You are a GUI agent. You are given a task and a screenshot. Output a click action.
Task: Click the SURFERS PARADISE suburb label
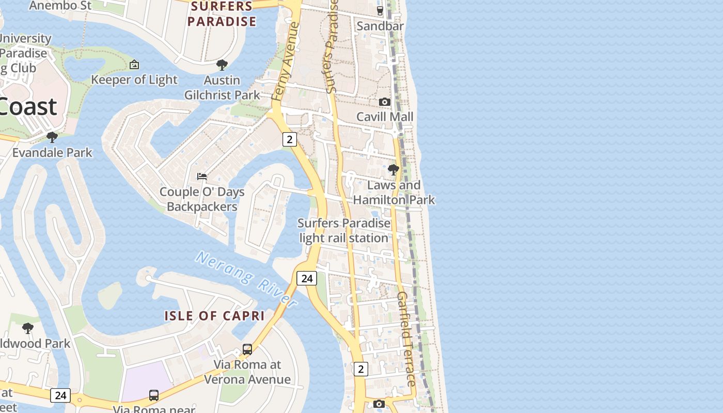[x=222, y=14]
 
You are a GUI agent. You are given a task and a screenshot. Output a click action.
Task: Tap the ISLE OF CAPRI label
[x=214, y=316]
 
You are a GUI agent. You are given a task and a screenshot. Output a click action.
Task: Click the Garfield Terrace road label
[x=406, y=339]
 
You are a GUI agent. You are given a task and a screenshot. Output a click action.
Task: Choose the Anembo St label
[x=60, y=6]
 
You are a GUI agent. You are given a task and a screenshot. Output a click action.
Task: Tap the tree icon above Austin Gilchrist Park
[x=222, y=65]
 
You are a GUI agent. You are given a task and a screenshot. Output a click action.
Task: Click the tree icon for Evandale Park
[x=52, y=137]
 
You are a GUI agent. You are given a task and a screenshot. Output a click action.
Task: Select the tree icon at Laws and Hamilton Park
[x=394, y=170]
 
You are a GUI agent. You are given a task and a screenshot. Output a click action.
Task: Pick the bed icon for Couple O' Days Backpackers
[x=202, y=177]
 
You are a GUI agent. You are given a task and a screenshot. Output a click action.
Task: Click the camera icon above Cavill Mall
[x=385, y=102]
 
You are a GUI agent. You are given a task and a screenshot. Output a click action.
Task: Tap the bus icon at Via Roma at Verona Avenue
[x=247, y=350]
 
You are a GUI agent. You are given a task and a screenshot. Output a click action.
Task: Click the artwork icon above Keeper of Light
[x=134, y=65]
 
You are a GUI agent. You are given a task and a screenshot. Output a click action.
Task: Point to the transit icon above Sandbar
[x=380, y=10]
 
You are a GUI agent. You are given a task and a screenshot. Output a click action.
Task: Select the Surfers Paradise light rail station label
[x=344, y=231]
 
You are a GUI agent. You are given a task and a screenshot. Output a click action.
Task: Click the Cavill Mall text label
[x=385, y=117]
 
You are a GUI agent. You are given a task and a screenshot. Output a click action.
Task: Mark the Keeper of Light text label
[x=134, y=80]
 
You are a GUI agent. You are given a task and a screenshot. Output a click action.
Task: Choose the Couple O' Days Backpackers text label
[x=202, y=199]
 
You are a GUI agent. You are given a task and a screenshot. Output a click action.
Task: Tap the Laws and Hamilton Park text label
[x=394, y=192]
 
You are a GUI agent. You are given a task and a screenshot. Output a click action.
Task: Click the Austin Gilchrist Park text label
[x=222, y=88]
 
